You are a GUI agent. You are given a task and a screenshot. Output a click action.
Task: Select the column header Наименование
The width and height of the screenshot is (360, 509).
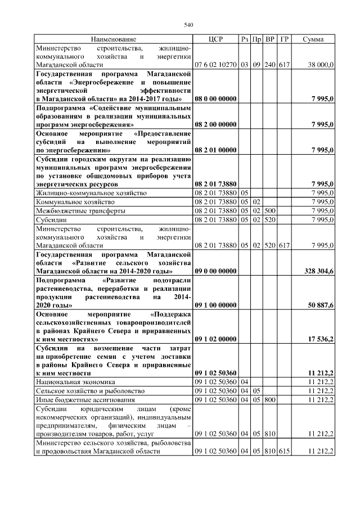coord(114,39)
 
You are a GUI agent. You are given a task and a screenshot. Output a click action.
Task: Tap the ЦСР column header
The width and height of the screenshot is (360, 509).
coord(215,39)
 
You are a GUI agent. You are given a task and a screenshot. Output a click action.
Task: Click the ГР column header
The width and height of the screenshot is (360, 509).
coord(284,39)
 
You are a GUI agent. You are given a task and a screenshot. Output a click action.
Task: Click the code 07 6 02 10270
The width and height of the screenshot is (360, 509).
coord(215,65)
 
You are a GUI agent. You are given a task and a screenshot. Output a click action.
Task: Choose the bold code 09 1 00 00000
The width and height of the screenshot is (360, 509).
coord(215,305)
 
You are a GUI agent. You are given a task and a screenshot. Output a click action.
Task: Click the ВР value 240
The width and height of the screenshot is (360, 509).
coord(270,65)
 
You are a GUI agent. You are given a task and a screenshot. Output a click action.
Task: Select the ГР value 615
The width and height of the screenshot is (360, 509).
coord(284,452)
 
